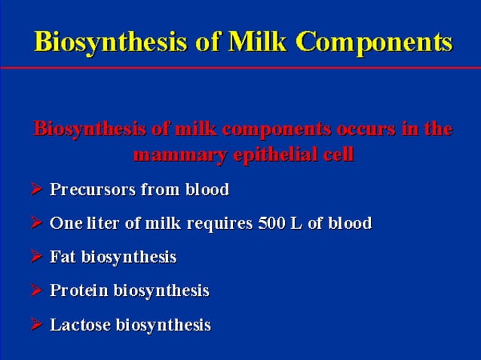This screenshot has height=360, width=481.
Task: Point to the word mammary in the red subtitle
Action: point(171,156)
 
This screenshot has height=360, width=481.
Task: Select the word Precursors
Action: point(92,190)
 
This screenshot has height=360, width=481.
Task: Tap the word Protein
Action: point(78,291)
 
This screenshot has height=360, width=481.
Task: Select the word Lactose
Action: point(79,325)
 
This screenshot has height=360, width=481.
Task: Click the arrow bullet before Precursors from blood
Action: point(36,190)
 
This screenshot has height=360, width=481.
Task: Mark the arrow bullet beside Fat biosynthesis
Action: point(36,257)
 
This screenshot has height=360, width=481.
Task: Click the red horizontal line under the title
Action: point(240,68)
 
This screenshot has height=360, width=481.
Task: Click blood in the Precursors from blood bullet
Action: point(207,190)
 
